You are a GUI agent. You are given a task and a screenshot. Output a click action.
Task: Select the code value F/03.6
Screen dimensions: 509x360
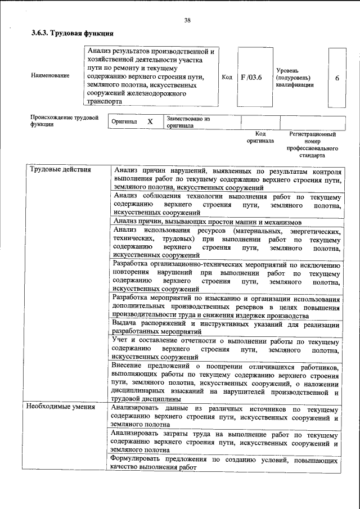click(x=251, y=77)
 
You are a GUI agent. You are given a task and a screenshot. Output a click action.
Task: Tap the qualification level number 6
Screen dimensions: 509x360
click(x=337, y=78)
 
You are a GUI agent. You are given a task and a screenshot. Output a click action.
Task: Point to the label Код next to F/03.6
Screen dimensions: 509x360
click(x=227, y=77)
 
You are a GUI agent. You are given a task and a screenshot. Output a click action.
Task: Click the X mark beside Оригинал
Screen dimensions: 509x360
click(x=150, y=121)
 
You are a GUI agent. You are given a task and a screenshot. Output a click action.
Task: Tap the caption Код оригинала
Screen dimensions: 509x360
click(x=260, y=138)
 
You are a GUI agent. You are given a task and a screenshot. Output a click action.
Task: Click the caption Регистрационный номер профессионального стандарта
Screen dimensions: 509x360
click(x=312, y=145)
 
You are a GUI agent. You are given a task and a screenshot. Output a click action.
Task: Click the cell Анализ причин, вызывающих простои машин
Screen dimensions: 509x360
click(x=207, y=222)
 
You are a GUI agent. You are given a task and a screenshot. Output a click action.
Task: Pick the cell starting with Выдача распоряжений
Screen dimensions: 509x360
click(x=225, y=328)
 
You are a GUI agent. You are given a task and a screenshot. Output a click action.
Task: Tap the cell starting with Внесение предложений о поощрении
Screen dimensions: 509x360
click(x=225, y=380)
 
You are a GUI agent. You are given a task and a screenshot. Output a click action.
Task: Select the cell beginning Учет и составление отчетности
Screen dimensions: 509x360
click(x=225, y=349)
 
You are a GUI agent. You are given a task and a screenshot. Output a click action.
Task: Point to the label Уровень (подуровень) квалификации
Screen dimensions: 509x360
click(x=295, y=78)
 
